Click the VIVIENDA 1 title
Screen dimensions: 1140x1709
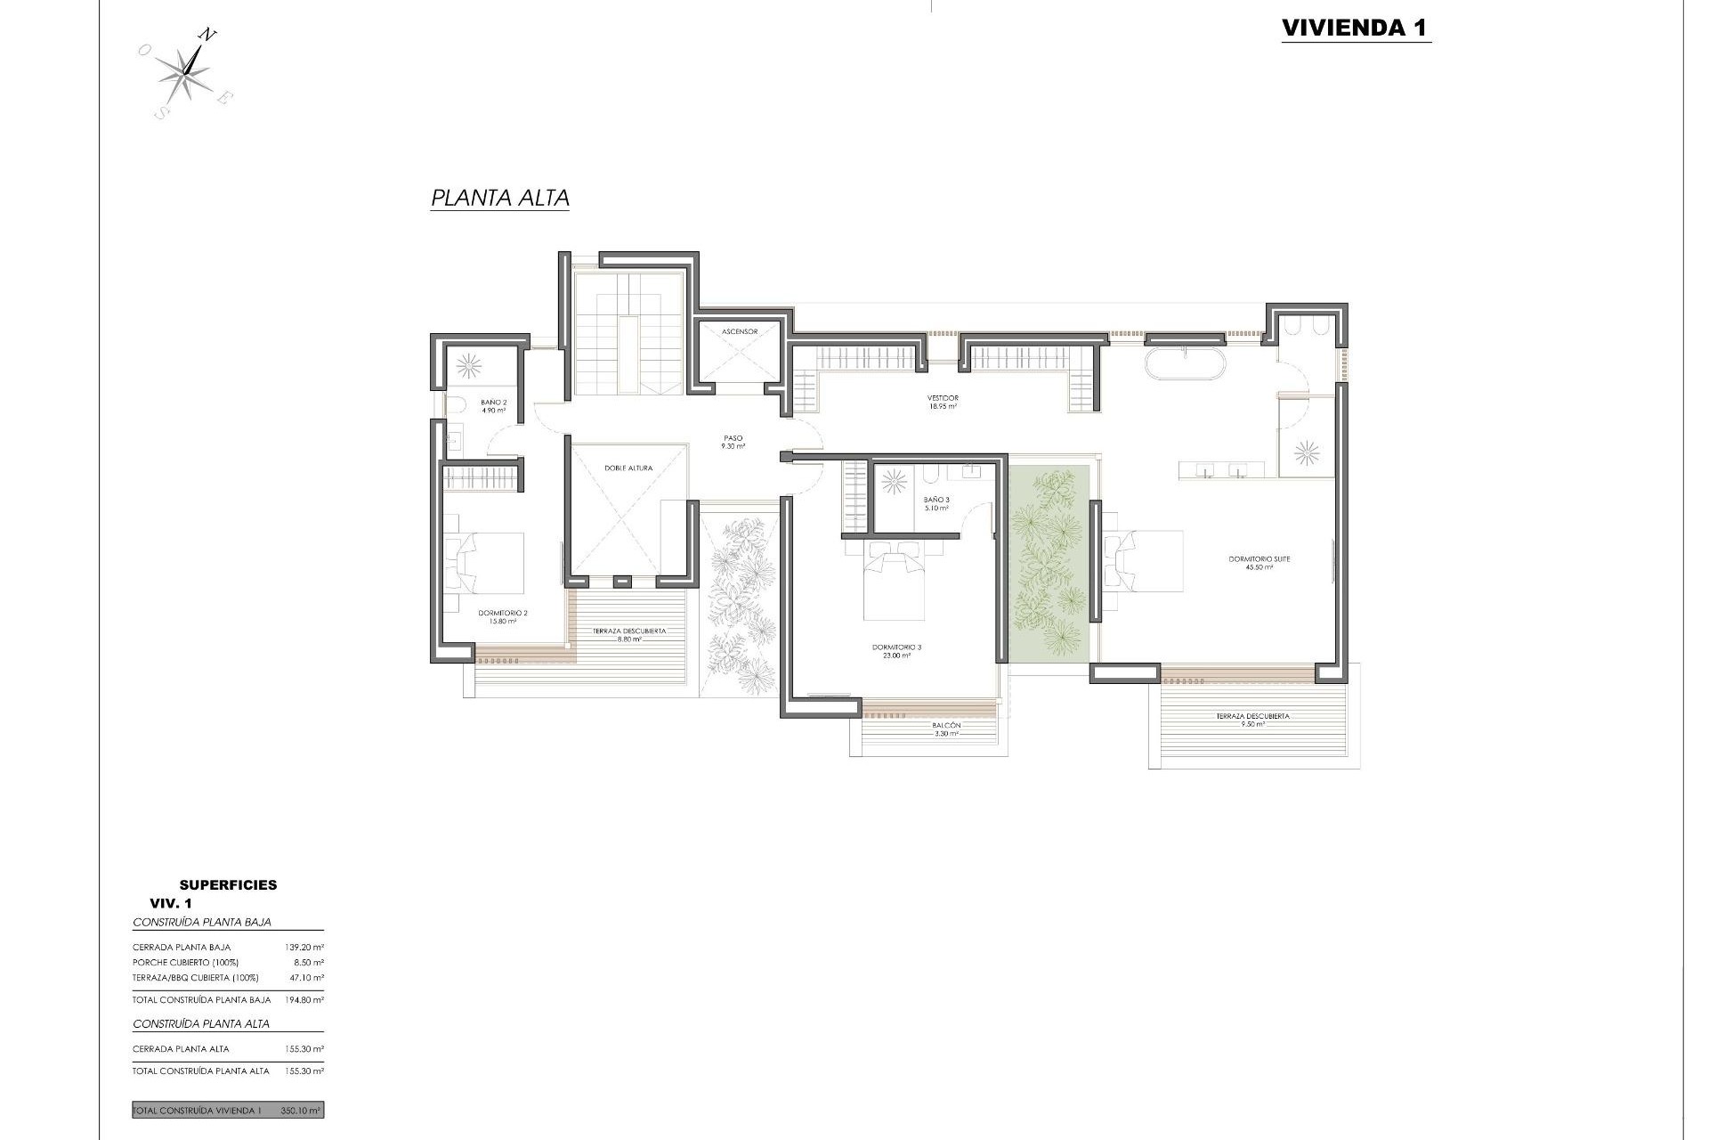(x=1355, y=28)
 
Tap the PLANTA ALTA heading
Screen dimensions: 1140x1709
(x=499, y=198)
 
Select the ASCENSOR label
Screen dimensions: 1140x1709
(x=740, y=331)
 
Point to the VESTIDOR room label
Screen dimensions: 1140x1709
(x=943, y=402)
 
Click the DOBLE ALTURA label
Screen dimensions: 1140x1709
(x=628, y=468)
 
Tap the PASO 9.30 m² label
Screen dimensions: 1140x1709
(x=733, y=442)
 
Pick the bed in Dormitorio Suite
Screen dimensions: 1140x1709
(x=1144, y=561)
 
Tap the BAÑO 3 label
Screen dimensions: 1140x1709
(x=936, y=504)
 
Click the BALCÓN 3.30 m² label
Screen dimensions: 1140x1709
(x=946, y=729)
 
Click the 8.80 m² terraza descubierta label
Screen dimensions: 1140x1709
(x=628, y=635)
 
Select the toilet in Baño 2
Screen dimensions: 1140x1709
(x=456, y=405)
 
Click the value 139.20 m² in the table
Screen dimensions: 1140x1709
(x=304, y=947)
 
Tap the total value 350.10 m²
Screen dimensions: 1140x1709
(x=300, y=1111)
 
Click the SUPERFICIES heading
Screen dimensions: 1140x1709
(x=228, y=884)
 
